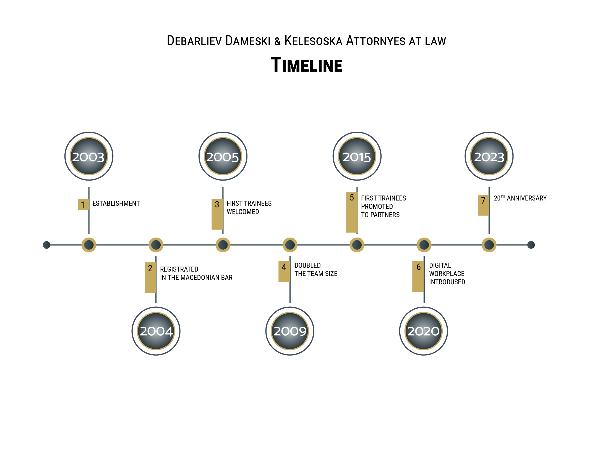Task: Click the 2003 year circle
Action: point(89,156)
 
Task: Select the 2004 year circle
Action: point(156,331)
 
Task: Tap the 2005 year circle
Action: point(223,156)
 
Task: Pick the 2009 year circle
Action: point(290,331)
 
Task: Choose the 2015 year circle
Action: point(357,156)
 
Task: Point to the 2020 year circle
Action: point(424,331)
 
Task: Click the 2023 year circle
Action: point(489,156)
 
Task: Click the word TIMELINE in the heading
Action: point(306,65)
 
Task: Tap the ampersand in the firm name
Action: point(277,41)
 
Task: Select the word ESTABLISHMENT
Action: point(116,204)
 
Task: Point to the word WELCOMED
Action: point(243,212)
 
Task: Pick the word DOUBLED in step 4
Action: point(308,265)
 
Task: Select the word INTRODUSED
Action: point(447,282)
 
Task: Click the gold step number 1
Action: point(83,205)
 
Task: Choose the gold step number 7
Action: point(483,205)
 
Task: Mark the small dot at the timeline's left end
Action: point(46,245)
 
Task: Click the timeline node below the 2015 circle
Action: point(357,245)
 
